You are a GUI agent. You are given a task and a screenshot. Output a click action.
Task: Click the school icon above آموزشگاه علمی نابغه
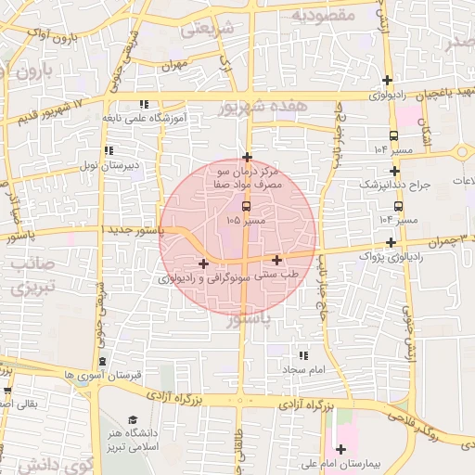click(x=143, y=105)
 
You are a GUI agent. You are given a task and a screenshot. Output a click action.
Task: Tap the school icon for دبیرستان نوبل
click(x=109, y=150)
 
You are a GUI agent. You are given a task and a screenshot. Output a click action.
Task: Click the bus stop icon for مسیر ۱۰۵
click(x=246, y=206)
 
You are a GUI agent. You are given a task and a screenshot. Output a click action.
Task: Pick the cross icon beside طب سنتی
click(x=277, y=260)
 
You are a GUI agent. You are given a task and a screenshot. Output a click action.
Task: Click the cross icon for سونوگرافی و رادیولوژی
click(x=203, y=264)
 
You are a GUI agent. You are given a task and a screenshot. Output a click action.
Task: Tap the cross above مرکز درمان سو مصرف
click(x=247, y=157)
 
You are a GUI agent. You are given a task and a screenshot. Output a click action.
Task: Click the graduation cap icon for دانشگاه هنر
click(x=133, y=420)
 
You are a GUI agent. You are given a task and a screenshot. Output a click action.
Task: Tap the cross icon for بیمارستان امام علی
click(x=341, y=449)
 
